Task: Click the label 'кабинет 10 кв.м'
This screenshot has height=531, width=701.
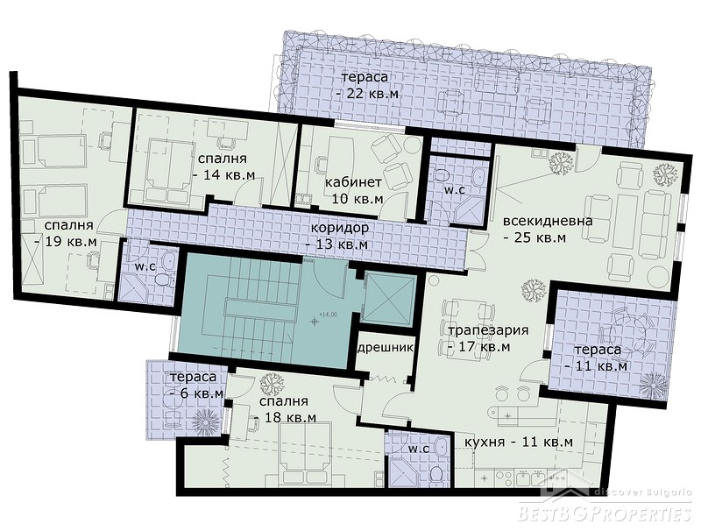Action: [x=354, y=190]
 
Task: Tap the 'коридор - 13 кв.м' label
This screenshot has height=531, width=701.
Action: [x=337, y=236]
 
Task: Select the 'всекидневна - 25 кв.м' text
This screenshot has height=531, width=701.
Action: [x=548, y=229]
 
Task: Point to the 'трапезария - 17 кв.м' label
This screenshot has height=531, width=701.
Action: [x=481, y=338]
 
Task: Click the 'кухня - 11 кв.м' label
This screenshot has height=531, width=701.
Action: [x=519, y=442]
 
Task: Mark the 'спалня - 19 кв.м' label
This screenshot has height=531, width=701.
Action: [x=67, y=233]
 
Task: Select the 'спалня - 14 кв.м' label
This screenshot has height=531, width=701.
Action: [x=223, y=166]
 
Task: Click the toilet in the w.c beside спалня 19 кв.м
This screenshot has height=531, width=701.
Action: [x=161, y=280]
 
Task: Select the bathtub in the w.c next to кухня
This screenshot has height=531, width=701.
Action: [x=441, y=450]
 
